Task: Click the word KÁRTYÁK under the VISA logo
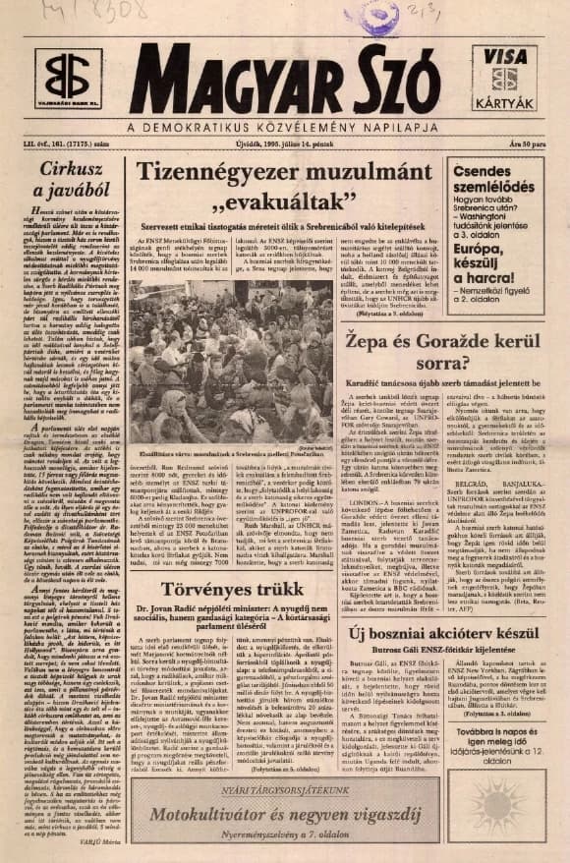click(x=507, y=102)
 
